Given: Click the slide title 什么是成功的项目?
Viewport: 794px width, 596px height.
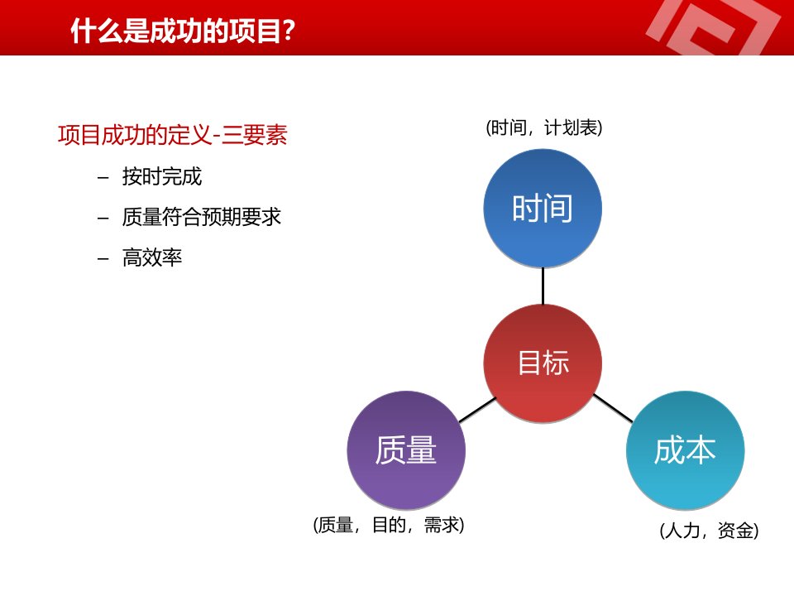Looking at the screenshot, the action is coord(183,31).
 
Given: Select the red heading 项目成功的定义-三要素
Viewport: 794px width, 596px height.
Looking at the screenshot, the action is coord(173,135).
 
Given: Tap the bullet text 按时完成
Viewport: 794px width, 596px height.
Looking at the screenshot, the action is coord(162,177).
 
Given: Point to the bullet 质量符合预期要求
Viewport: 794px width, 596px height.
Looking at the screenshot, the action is coord(202,217).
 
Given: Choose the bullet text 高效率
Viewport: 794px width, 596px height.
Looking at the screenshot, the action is coord(152,257).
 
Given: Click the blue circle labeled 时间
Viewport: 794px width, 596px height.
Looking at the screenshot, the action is coord(543,209).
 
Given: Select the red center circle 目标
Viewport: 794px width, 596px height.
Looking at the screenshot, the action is coord(543,363).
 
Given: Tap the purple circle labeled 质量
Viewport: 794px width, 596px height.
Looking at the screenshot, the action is coord(406,450).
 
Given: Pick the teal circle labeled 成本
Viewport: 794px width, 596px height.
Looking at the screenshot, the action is coord(685,450).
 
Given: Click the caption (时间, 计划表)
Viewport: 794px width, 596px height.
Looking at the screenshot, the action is coord(544,127).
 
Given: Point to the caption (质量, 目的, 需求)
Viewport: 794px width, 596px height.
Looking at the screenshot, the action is coord(389,525).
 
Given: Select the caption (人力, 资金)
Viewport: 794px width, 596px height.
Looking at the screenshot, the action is coord(709,531).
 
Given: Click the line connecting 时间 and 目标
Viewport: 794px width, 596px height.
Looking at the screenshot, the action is coord(543,286).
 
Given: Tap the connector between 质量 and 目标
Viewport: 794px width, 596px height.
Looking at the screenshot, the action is coord(477,410).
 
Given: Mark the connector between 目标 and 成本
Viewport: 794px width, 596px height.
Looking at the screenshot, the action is coord(613,408).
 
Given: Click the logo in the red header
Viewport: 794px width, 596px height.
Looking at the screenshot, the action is coord(713,27).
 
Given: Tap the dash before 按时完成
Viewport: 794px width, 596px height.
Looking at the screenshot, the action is coord(103,178).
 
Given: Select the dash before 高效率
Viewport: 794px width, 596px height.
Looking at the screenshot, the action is coord(103,258).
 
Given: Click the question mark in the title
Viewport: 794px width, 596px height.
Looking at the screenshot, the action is coord(289,31).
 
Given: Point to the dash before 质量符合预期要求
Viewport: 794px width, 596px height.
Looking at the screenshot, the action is coord(103,219).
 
